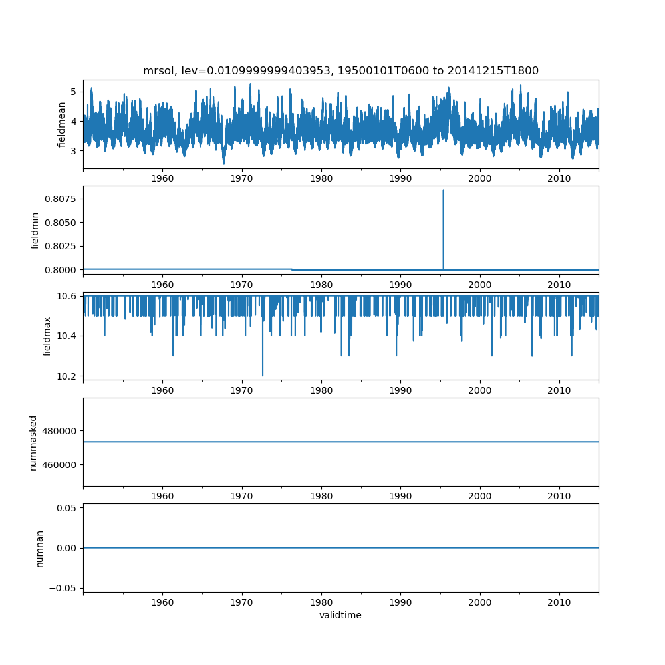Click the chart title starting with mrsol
(x=340, y=71)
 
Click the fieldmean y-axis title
(x=62, y=124)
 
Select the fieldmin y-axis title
(x=35, y=230)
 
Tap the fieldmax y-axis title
(x=47, y=336)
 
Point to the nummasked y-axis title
(x=33, y=442)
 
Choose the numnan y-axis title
(x=40, y=547)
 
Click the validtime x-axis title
(x=340, y=615)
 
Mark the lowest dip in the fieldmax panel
(x=263, y=375)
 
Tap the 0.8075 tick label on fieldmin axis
(x=63, y=199)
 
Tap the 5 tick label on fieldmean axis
(x=75, y=92)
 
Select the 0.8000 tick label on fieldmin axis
(x=63, y=269)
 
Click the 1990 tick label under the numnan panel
(x=400, y=601)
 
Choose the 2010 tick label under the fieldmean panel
(x=559, y=178)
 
